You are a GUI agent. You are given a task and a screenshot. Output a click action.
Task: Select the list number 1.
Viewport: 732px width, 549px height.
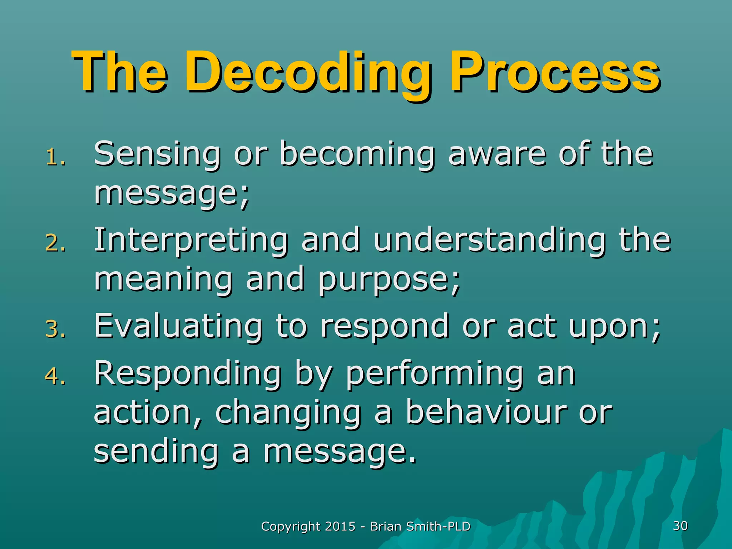pos(55,157)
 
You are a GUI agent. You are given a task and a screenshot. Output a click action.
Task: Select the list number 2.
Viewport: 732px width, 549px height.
pos(55,243)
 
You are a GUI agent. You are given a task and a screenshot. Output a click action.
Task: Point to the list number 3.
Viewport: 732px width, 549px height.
pos(55,329)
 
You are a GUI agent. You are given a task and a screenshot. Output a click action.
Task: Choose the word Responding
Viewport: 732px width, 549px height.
pos(188,375)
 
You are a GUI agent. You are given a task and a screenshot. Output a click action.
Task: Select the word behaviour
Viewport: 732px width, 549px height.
pos(486,413)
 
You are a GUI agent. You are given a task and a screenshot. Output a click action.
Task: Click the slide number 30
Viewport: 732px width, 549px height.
pos(680,526)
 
